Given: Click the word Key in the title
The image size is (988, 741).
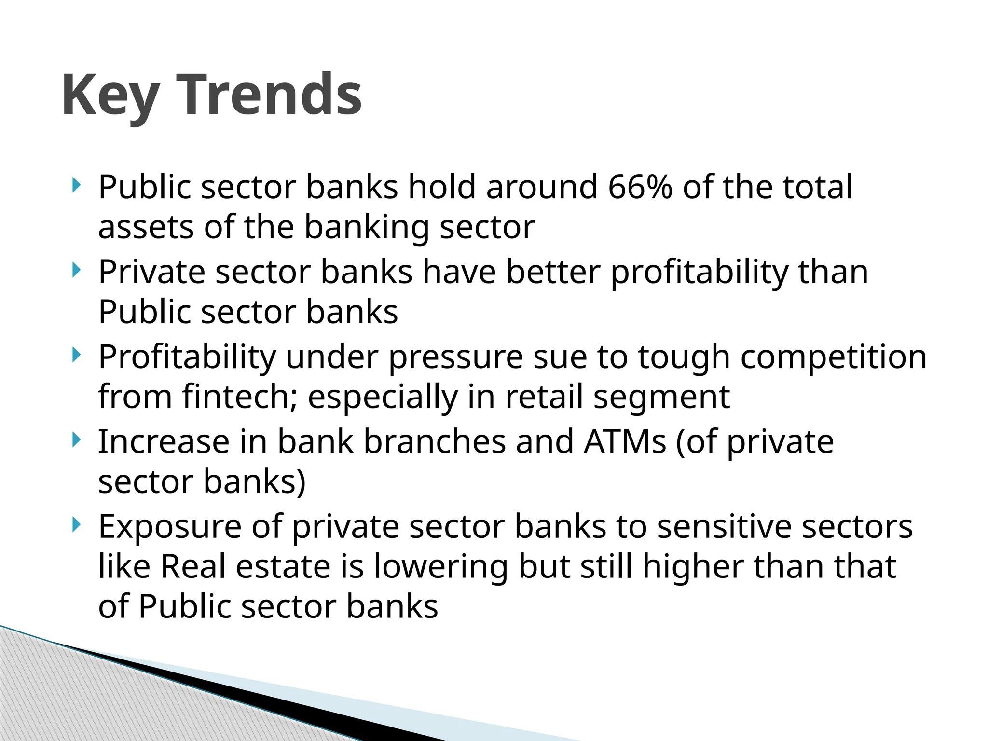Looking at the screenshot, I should pyautogui.click(x=110, y=95).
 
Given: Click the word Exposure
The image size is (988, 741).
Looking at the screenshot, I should pyautogui.click(x=170, y=527).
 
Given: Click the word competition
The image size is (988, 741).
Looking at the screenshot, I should pyautogui.click(x=833, y=357).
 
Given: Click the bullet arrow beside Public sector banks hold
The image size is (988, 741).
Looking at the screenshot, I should pyautogui.click(x=76, y=185).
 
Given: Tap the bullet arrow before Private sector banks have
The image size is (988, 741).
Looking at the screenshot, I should pyautogui.click(x=76, y=270).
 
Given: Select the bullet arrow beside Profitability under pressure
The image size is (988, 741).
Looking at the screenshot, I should pyautogui.click(x=76, y=355).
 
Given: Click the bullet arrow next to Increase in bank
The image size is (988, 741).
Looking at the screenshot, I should pyautogui.click(x=76, y=439).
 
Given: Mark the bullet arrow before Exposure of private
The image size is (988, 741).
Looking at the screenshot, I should pyautogui.click(x=76, y=524).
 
